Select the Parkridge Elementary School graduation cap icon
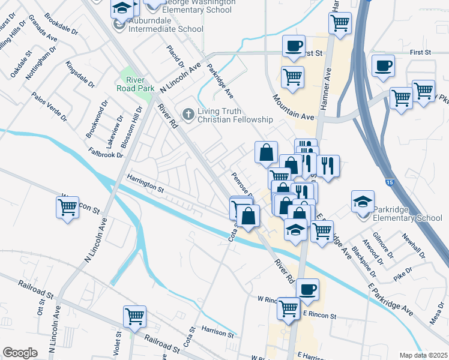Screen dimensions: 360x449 (x=363, y=202)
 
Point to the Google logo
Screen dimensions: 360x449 (x=20, y=352)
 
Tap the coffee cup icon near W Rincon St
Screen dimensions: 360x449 (x=307, y=289)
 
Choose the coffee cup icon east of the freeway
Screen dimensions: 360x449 (x=383, y=66)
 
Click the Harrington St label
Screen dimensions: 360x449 (x=145, y=182)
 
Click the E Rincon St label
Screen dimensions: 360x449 (x=321, y=314)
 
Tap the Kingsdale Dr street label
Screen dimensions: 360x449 (x=80, y=75)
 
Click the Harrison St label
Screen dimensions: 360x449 (x=217, y=331)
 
